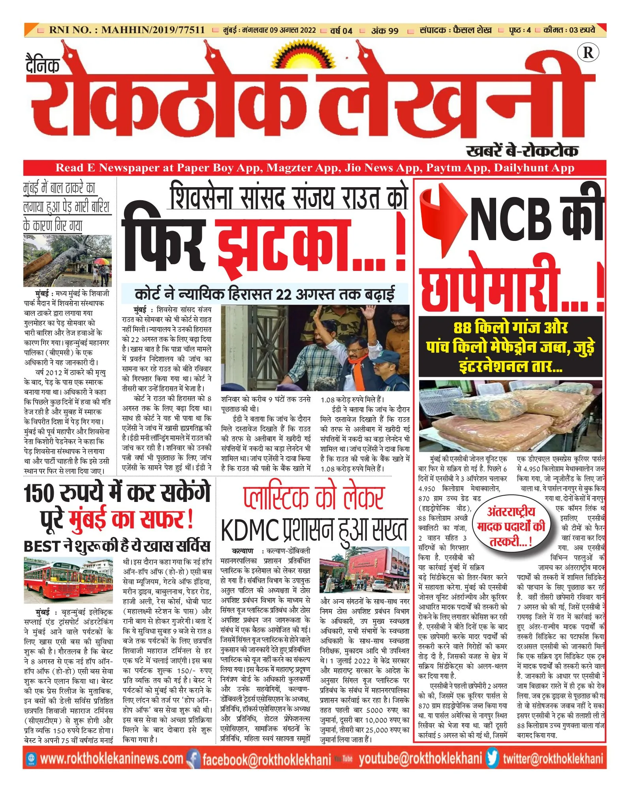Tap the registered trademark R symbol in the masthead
click(588, 53)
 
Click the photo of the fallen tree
click(68, 261)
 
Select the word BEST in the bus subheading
click(41, 546)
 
